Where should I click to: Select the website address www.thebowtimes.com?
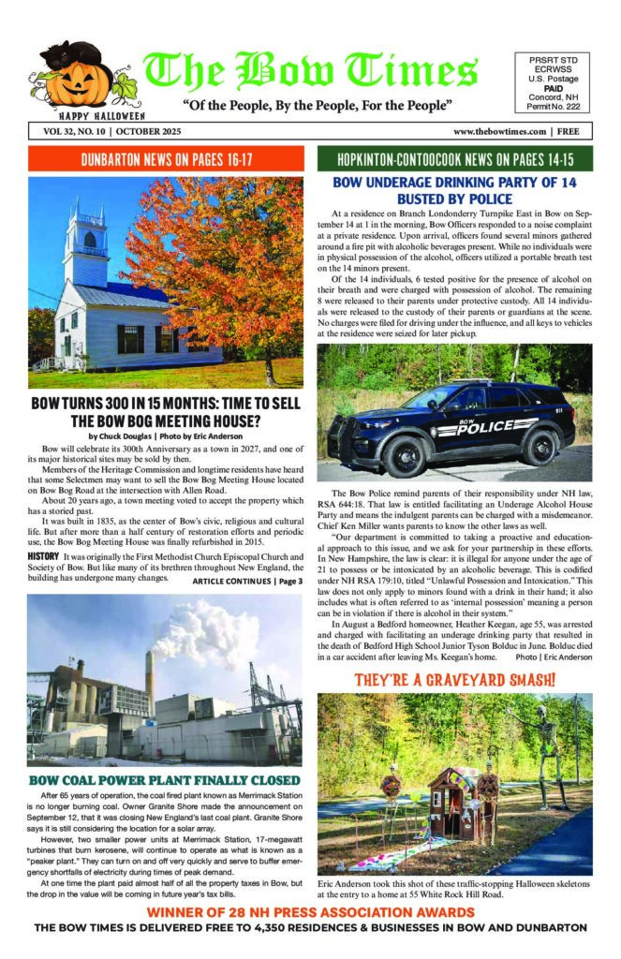click(500, 131)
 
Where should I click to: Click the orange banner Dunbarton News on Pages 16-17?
click(166, 158)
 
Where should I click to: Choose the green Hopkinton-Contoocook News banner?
click(455, 158)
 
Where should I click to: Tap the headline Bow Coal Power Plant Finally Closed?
click(165, 779)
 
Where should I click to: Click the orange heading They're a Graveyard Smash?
click(455, 677)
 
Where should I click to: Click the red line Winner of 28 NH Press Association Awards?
click(310, 911)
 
